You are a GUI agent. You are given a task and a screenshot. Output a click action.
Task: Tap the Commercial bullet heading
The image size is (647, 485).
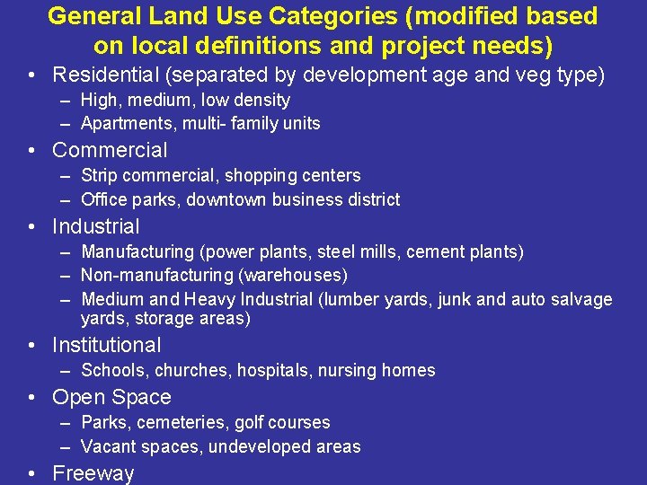110,150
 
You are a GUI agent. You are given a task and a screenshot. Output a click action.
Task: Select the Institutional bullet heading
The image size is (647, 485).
107,345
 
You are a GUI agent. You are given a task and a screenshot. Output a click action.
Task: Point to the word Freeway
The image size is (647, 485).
93,473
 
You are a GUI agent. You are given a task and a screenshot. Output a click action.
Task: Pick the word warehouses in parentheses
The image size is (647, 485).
297,275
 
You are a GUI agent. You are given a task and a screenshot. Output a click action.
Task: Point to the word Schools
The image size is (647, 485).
114,370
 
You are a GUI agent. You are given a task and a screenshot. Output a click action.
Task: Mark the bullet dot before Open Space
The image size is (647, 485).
32,397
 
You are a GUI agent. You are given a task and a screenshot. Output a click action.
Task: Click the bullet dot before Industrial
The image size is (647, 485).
32,226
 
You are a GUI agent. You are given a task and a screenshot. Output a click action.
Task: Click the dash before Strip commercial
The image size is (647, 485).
66,175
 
